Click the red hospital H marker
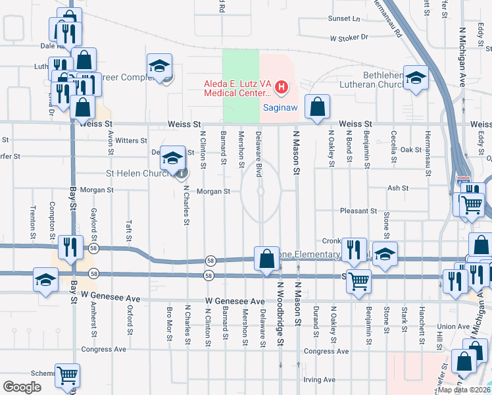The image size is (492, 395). pyautogui.click(x=282, y=86)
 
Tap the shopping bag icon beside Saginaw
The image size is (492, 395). pyautogui.click(x=317, y=107)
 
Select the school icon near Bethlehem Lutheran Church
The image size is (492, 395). pyautogui.click(x=415, y=79)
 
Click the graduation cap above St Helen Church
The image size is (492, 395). pyautogui.click(x=172, y=159)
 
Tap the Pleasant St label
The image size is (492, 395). pyautogui.click(x=358, y=211)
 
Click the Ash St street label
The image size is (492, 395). pyautogui.click(x=398, y=188)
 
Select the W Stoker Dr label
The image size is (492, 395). pyautogui.click(x=349, y=38)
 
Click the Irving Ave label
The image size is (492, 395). pyautogui.click(x=320, y=380)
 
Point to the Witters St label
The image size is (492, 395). pyautogui.click(x=131, y=141)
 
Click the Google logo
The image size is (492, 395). pyautogui.click(x=22, y=387)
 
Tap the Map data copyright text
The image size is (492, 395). pyautogui.click(x=463, y=390)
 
